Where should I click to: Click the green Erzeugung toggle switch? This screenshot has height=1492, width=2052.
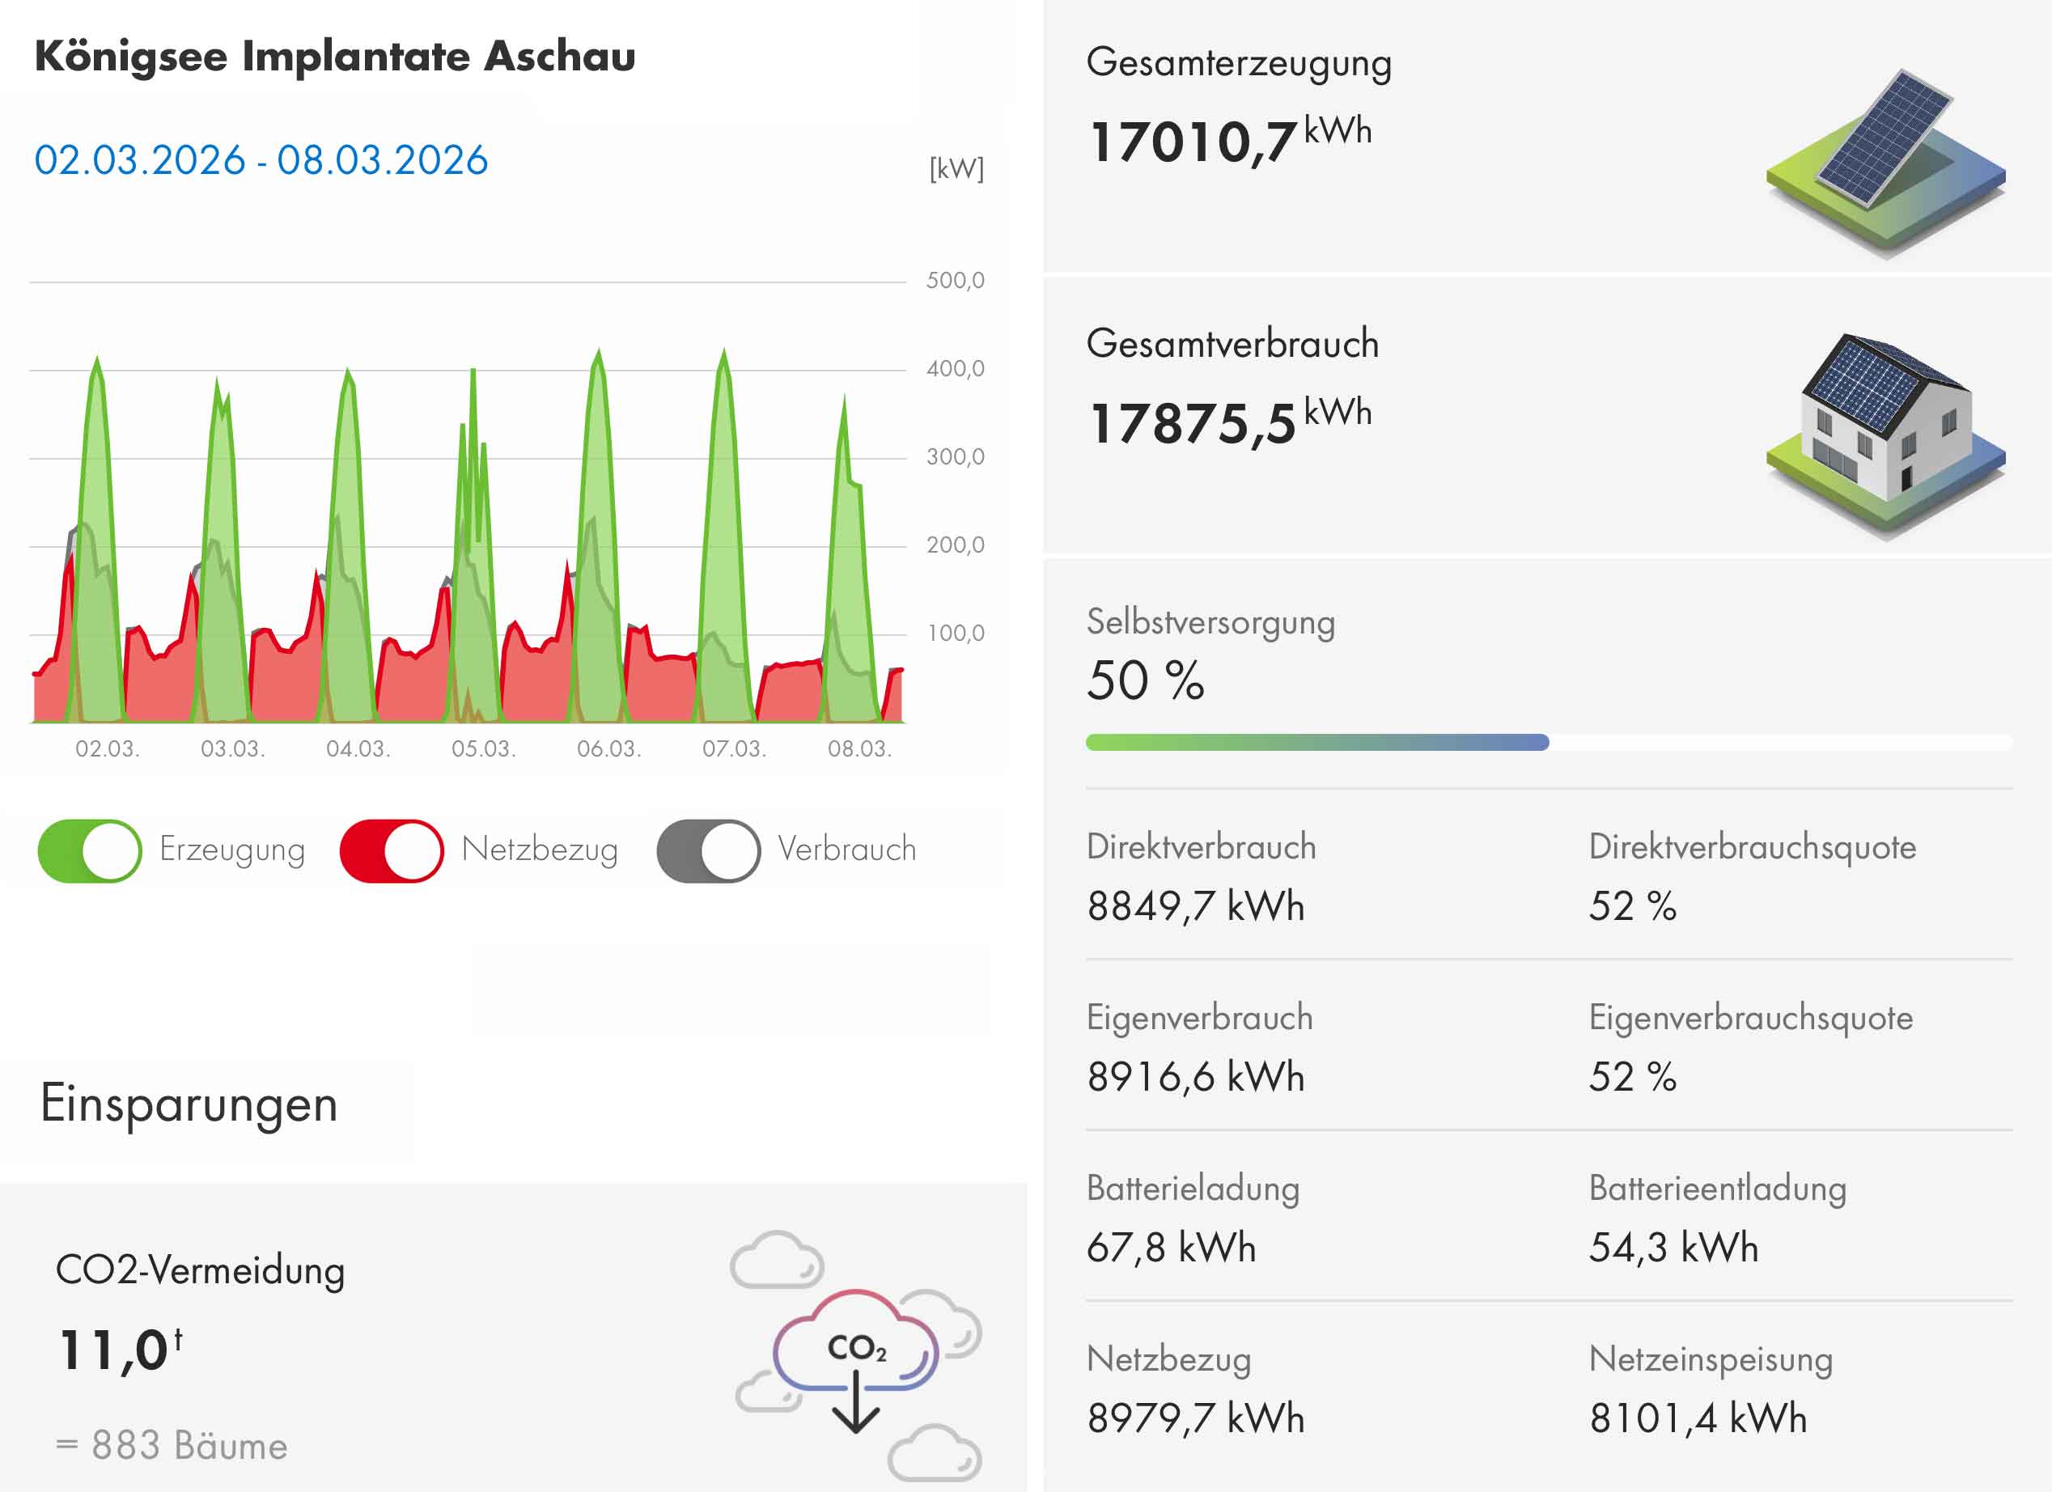pos(90,850)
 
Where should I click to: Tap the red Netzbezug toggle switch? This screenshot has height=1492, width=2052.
pos(391,850)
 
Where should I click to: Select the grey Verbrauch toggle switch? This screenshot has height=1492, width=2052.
pos(709,850)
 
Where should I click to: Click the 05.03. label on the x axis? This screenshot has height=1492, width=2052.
pos(483,749)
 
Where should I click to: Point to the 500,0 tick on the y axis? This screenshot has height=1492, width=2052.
pos(955,281)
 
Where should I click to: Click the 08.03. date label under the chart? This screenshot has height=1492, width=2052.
pos(859,749)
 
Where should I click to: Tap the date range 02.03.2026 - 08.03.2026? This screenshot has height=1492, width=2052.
pos(261,160)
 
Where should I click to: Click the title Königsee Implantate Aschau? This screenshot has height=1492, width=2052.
pos(335,56)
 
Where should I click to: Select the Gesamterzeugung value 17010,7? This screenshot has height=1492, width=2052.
pos(1193,142)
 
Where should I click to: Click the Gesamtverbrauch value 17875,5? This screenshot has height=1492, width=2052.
pos(1193,423)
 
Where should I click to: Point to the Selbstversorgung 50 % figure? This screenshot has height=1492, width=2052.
pos(1146,680)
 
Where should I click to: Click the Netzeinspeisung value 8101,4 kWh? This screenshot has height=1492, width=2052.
pos(1698,1418)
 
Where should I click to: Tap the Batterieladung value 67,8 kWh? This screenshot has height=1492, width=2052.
pos(1171,1248)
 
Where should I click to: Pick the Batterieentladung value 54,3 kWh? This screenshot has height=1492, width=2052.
pos(1673,1248)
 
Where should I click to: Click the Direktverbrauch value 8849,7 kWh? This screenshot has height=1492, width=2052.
pos(1195,905)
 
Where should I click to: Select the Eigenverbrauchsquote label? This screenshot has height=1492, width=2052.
pos(1751,1018)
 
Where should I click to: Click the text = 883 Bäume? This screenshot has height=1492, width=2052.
pos(172,1445)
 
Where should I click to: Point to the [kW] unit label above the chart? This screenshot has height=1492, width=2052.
pos(956,169)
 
